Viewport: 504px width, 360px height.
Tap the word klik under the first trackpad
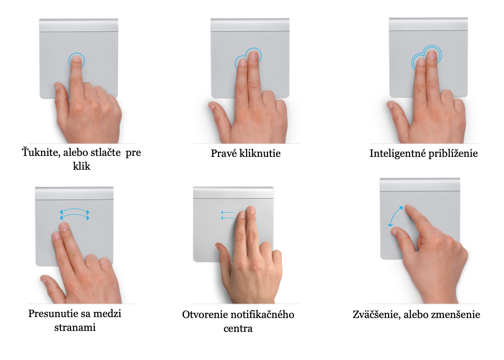pos(82,166)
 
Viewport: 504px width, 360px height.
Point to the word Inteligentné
pos(397,154)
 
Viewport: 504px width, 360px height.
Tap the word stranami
pos(75,328)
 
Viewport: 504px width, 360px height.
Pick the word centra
pos(238,329)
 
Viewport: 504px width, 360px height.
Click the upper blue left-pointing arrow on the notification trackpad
pos(227,213)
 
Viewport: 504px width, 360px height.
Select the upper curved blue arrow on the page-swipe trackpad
pos(74,210)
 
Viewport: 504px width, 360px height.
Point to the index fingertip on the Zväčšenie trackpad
pos(408,206)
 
